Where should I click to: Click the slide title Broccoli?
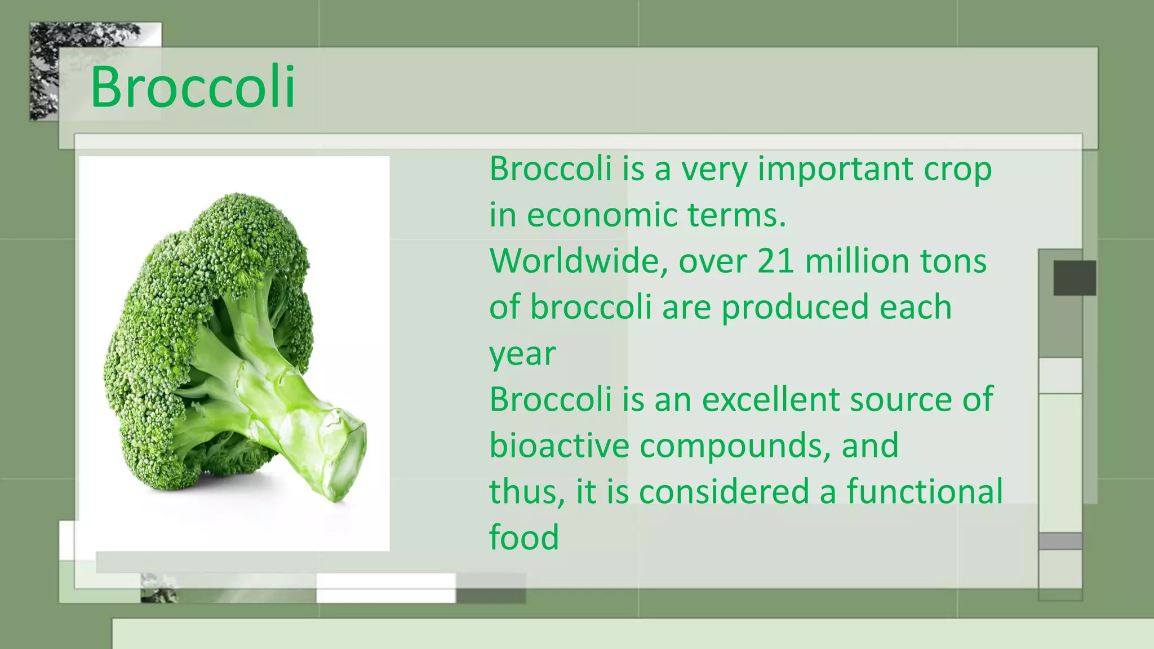click(193, 87)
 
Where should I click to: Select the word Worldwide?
click(578, 261)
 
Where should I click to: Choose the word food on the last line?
click(523, 537)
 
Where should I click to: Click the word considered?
click(724, 491)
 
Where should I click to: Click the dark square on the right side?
click(1075, 278)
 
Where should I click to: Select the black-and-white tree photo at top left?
click(45, 70)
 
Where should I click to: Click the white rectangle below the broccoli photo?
click(385, 588)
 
